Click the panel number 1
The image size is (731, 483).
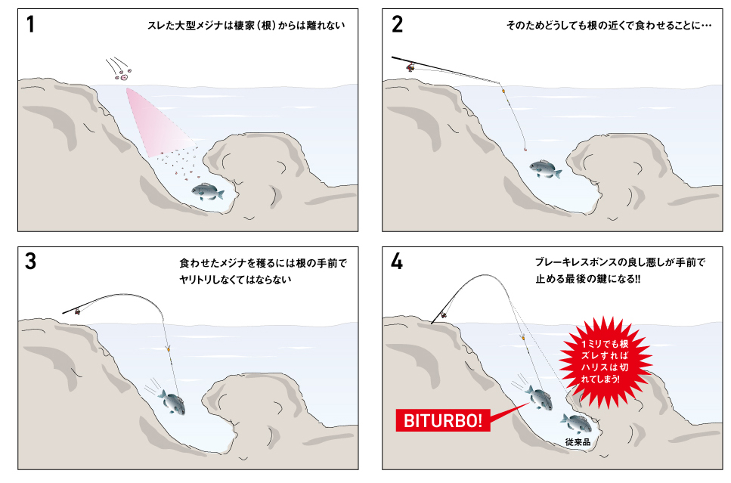tap(30, 24)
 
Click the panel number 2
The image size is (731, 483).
tap(397, 24)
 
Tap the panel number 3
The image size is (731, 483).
tap(30, 262)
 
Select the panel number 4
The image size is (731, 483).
tap(397, 262)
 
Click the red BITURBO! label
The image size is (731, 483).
tap(442, 420)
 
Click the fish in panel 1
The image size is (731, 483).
tap(207, 191)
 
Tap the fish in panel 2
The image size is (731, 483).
tap(545, 169)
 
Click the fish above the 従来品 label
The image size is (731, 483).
tap(577, 423)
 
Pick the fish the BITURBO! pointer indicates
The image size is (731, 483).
tap(540, 398)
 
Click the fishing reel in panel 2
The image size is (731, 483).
tap(410, 67)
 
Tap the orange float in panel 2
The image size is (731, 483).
tap(503, 89)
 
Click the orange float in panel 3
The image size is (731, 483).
tap(169, 348)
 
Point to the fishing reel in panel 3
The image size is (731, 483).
tap(77, 311)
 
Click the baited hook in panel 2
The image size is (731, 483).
tap(526, 149)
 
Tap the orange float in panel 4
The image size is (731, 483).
tap(522, 337)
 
